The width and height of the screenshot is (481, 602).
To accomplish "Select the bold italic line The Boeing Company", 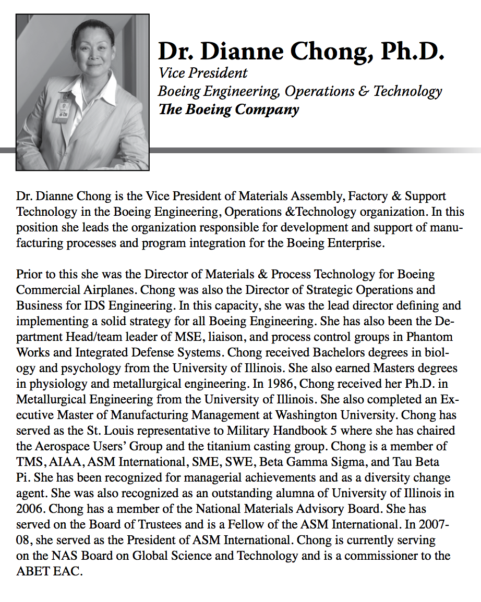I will click(x=229, y=109).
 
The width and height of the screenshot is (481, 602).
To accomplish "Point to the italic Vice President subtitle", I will click(x=203, y=73).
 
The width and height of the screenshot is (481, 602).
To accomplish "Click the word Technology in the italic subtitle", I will click(x=408, y=91).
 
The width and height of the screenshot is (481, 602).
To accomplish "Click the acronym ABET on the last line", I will click(x=34, y=571).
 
